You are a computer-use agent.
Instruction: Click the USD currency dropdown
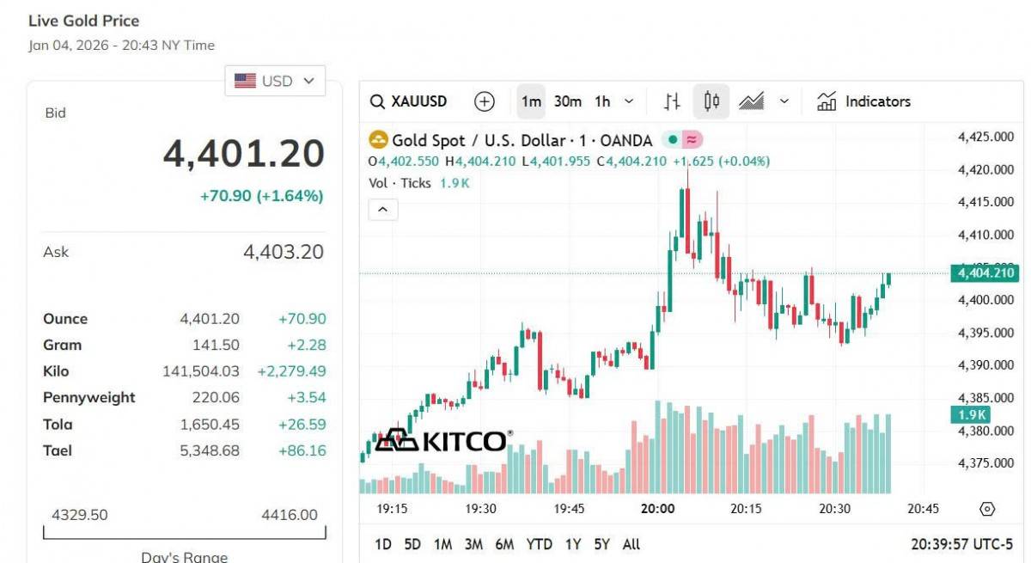click(275, 81)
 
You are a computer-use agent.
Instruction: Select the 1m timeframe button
click(531, 101)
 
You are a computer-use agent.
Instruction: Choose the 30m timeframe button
click(567, 101)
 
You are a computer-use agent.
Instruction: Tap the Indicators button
click(863, 101)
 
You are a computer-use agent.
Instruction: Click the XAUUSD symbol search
click(409, 101)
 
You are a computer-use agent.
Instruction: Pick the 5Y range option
click(601, 544)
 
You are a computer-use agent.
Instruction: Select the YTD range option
click(539, 544)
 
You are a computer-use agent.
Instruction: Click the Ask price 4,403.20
click(284, 252)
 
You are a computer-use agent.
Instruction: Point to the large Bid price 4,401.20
click(244, 154)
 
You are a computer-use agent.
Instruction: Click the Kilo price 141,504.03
click(201, 371)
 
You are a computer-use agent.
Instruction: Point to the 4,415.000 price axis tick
click(985, 202)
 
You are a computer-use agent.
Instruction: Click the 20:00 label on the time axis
click(657, 509)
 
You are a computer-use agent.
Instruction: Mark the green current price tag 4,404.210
click(984, 273)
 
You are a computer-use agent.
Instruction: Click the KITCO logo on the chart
click(442, 440)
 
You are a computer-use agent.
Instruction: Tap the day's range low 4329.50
click(80, 515)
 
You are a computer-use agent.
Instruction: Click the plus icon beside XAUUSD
click(485, 101)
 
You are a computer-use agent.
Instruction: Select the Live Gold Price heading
click(83, 21)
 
